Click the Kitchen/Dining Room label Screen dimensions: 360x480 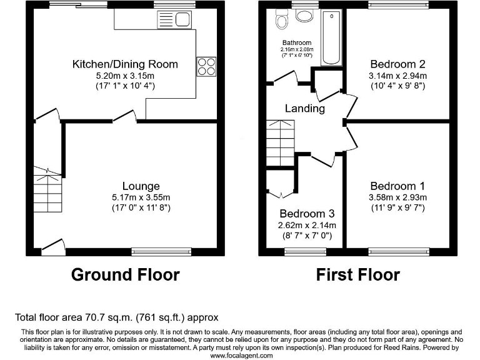coord(125,64)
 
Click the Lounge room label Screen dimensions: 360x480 coord(141,186)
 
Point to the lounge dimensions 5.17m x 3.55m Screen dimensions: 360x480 coord(141,197)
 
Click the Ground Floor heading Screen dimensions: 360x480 coord(125,274)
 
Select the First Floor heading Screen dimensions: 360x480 coord(357,274)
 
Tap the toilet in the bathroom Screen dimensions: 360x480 coord(281,21)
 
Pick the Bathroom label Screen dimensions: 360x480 coord(297,42)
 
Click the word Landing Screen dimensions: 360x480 coord(305,108)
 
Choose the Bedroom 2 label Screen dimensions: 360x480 coord(397,64)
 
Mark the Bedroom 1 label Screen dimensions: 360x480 coord(397,186)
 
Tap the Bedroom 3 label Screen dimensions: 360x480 coord(307,214)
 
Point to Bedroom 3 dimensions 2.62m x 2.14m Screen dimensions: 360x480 coord(307,225)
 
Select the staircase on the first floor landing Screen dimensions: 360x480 coord(280,142)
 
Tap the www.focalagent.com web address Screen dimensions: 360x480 coord(241,356)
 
